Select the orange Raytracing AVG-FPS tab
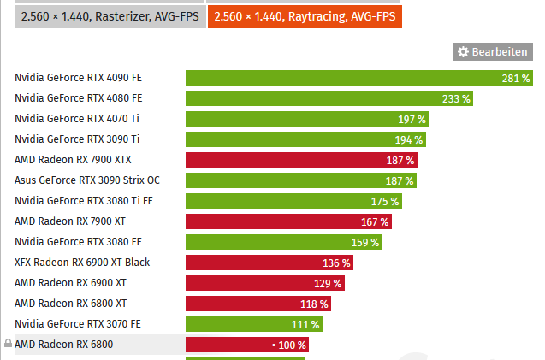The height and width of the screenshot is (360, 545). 305,15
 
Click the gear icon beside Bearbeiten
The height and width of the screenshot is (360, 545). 463,52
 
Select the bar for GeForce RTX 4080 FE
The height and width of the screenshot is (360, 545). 329,98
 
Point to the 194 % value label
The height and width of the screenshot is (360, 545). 411,139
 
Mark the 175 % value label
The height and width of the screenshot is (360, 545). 384,201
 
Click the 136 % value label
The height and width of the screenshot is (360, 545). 336,263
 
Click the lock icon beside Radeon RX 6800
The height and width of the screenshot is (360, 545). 8,344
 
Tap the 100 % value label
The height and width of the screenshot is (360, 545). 291,345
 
